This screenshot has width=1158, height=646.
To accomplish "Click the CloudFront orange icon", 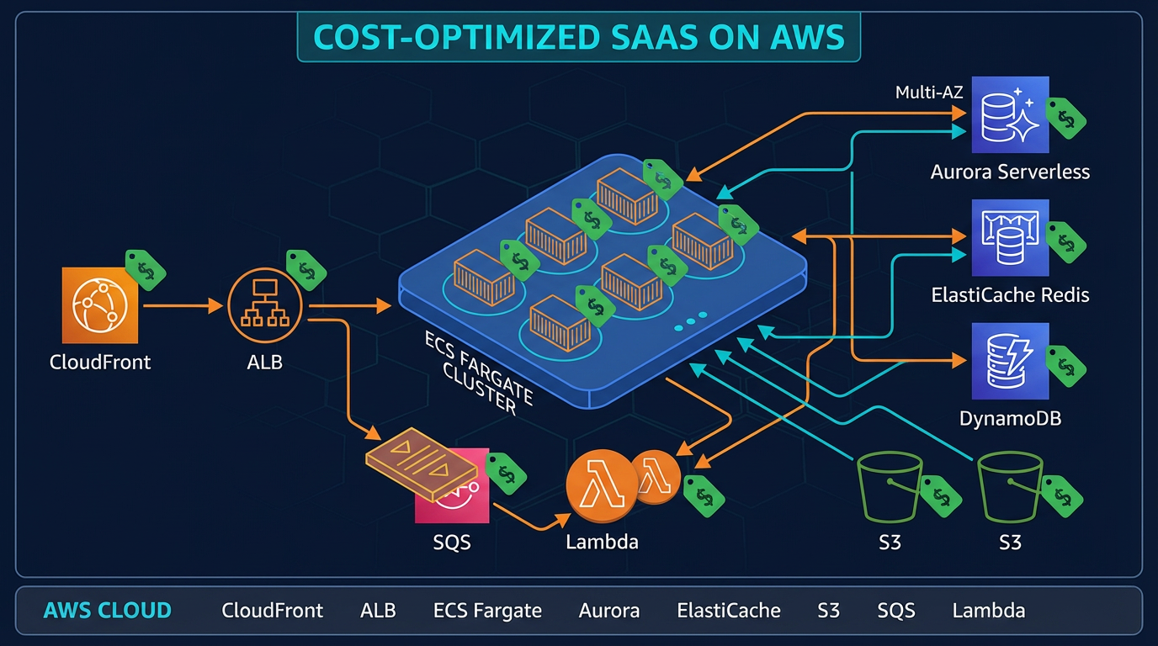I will [x=99, y=305].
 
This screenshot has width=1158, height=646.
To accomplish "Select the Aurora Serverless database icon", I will [x=1009, y=115].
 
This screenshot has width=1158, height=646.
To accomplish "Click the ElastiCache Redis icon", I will [x=1009, y=238].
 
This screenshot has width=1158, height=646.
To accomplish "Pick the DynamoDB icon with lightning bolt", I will [x=1009, y=362].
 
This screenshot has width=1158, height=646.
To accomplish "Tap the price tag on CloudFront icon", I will [x=146, y=270].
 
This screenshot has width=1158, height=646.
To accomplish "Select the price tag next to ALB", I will [x=305, y=269].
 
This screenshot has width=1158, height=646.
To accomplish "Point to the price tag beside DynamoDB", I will [x=1065, y=364].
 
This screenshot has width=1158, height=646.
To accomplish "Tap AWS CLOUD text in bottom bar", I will [x=107, y=611].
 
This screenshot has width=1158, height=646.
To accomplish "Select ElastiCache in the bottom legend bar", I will [x=728, y=611].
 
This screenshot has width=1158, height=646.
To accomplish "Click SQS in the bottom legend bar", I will [x=895, y=611].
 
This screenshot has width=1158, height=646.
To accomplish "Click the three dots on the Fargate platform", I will [x=689, y=320].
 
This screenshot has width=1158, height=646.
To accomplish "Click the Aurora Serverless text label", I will [x=1010, y=172].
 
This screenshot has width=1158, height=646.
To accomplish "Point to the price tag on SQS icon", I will [x=506, y=473].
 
